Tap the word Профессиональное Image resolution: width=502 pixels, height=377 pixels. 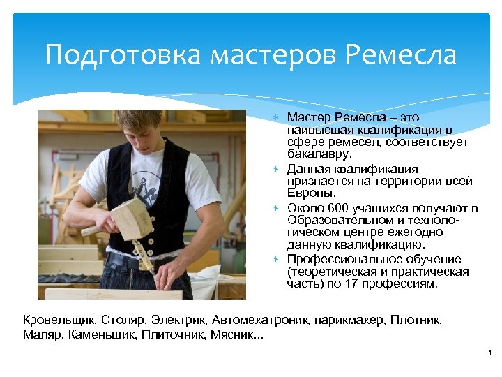tap(339, 259)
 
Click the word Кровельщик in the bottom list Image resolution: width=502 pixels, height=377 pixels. tap(59, 320)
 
